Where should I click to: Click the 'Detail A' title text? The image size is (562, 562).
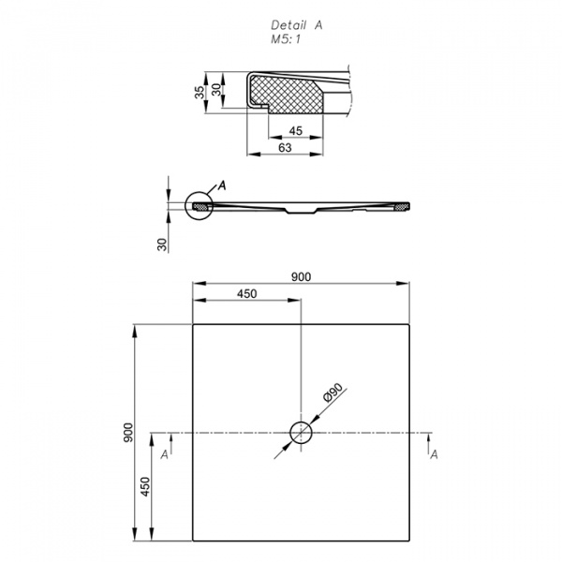296,25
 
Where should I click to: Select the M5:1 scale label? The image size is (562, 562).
286,39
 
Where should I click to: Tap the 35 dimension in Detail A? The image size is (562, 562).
200,93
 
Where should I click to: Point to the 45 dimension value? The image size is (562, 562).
296,131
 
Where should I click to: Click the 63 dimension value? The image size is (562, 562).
285,147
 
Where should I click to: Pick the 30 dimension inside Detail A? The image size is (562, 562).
216,90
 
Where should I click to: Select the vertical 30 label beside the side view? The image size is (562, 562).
162,244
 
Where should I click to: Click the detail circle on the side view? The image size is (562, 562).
199,206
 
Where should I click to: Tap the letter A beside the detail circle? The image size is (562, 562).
222,185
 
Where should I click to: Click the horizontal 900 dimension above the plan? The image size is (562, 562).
301,276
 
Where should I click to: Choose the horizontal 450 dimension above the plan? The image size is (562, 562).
247,293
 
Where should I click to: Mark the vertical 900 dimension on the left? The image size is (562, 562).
128,433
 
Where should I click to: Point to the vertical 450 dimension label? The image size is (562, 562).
145,486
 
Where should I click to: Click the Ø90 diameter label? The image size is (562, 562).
333,392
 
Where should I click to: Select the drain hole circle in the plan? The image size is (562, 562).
301,433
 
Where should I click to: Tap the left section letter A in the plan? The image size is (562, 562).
165,455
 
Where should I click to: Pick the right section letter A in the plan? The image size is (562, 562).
434,455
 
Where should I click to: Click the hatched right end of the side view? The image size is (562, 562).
401,206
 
